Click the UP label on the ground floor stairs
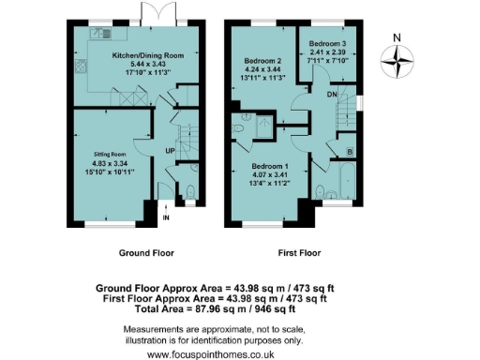click(x=170, y=150)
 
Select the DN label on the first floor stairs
click(x=332, y=94)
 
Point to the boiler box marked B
click(x=350, y=150)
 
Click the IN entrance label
click(x=166, y=218)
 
